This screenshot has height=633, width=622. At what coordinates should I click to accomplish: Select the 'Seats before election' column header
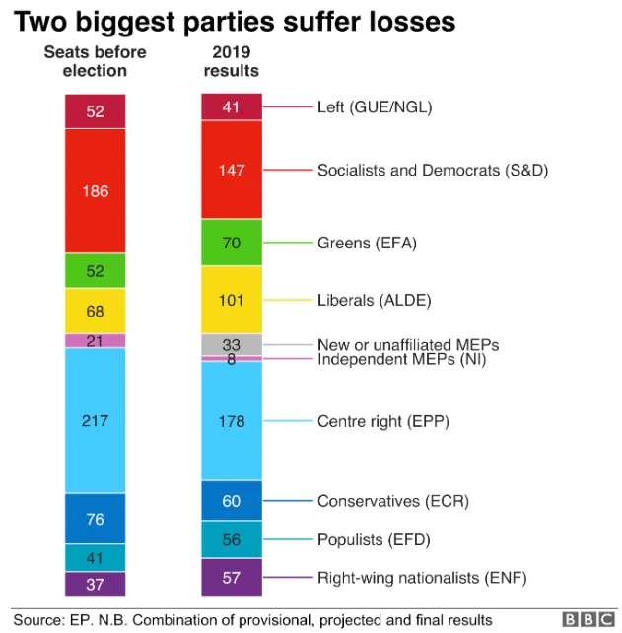pos(95,61)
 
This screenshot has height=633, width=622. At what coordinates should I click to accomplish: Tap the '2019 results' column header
pos(231,61)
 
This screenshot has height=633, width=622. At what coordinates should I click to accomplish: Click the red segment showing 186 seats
pos(95,191)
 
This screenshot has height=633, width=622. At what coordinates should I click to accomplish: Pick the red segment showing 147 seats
pos(232,170)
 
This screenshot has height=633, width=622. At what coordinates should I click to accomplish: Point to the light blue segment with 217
pos(95,420)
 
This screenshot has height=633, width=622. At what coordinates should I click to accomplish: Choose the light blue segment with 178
pos(232,421)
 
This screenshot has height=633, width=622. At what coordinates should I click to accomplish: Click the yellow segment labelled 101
pos(232,300)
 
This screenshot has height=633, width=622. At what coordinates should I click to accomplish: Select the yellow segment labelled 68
pos(95,311)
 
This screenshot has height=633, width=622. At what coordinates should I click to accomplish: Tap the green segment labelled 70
pos(232,243)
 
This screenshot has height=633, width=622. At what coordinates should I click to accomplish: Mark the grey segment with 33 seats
pos(232,344)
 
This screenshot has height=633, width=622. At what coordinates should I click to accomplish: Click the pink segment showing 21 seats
pos(95,340)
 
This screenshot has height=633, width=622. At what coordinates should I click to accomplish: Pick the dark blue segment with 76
pos(95,519)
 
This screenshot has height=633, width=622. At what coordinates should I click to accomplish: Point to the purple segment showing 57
pos(232,578)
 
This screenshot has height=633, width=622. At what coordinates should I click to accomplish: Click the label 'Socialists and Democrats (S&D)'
pos(432,170)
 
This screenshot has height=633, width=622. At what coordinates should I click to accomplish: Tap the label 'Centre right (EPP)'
pos(382,421)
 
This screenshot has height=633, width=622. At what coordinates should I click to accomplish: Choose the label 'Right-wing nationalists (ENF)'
pos(422,578)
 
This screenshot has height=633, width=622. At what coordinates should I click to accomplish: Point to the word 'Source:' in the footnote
pos(38,619)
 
